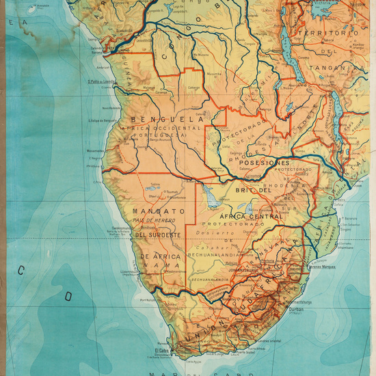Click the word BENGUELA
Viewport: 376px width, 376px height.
pyautogui.click(x=163, y=118)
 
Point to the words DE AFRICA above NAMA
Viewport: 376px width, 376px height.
pyautogui.click(x=160, y=256)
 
